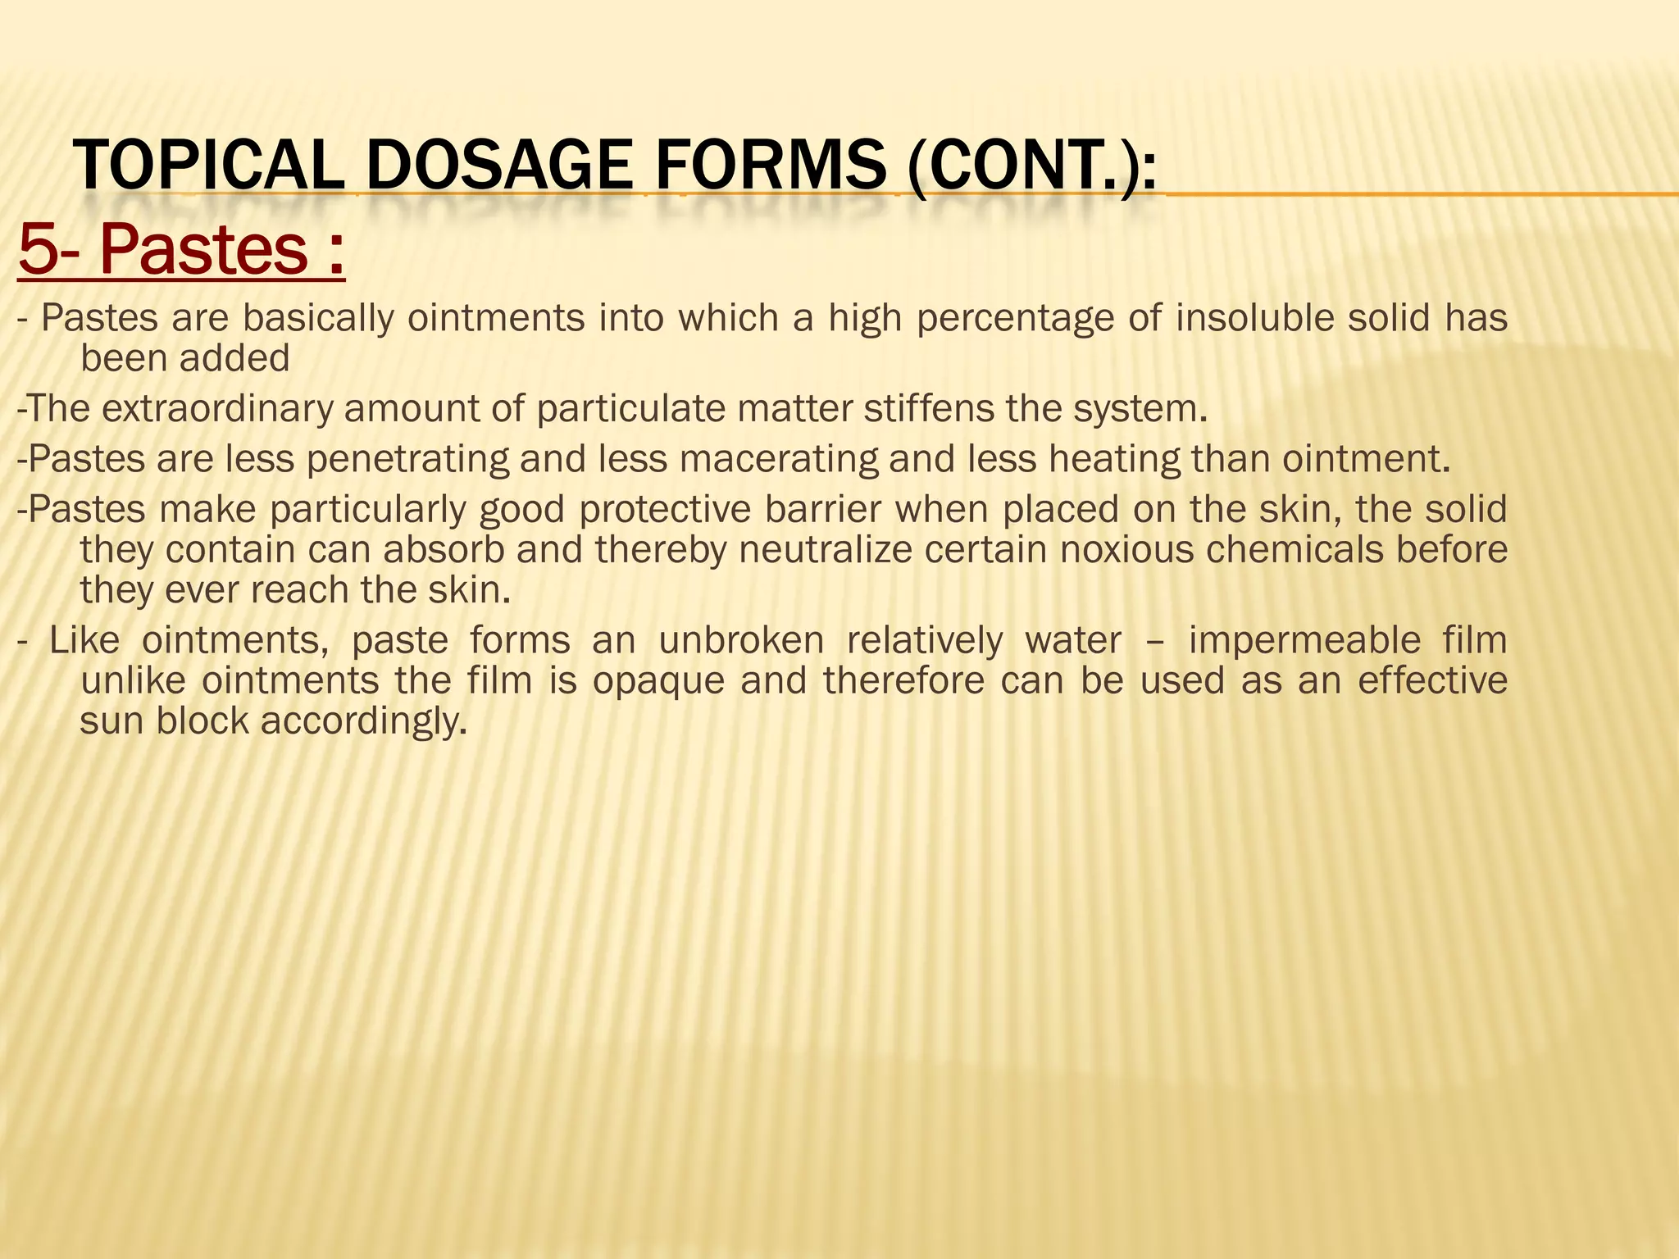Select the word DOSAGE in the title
(x=498, y=166)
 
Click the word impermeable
(x=1304, y=640)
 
